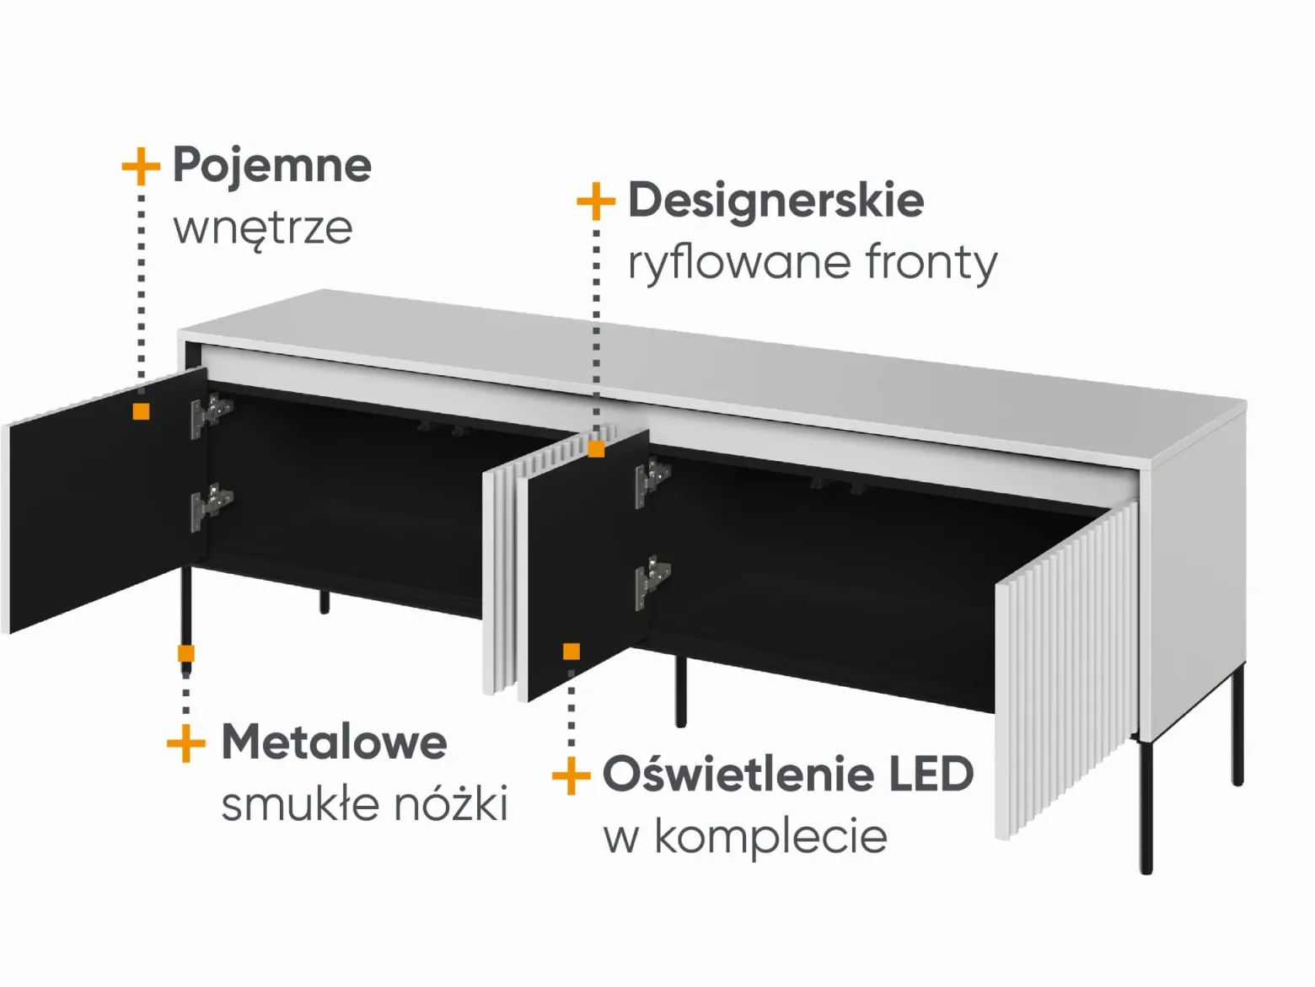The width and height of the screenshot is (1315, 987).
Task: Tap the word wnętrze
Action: click(x=263, y=229)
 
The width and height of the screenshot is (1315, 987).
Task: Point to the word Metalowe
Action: click(x=335, y=742)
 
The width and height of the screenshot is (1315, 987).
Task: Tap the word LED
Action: click(x=931, y=774)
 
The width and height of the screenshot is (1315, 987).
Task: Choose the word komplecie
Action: click(x=770, y=837)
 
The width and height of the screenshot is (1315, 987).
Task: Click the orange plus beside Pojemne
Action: click(x=141, y=166)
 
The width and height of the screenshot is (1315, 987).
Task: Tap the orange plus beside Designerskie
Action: click(x=596, y=201)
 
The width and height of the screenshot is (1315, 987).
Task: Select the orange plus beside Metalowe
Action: click(x=186, y=743)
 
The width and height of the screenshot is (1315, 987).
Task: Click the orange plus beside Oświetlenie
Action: click(x=571, y=775)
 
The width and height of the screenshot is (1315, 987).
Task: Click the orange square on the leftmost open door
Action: click(x=142, y=411)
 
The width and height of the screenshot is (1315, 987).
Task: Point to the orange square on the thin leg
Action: click(x=186, y=653)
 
